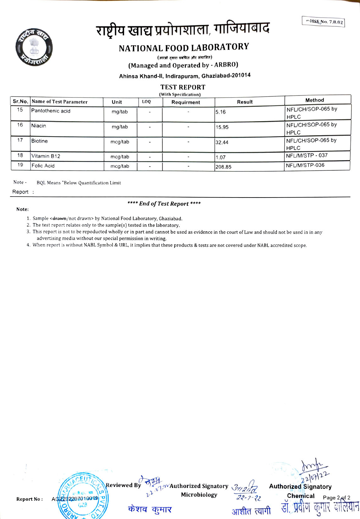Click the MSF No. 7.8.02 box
click(323, 22)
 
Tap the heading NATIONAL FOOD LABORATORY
click(184, 48)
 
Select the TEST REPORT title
click(183, 87)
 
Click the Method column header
click(314, 100)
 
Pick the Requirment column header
click(186, 102)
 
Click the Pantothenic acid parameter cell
click(51, 111)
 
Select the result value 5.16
click(221, 112)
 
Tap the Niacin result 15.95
click(222, 127)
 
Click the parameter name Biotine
click(40, 141)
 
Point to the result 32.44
click(222, 142)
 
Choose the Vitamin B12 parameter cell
click(46, 156)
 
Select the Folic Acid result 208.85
click(223, 167)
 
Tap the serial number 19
click(20, 165)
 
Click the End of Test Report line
click(164, 204)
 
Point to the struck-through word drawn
click(59, 218)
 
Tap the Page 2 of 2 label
click(336, 498)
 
